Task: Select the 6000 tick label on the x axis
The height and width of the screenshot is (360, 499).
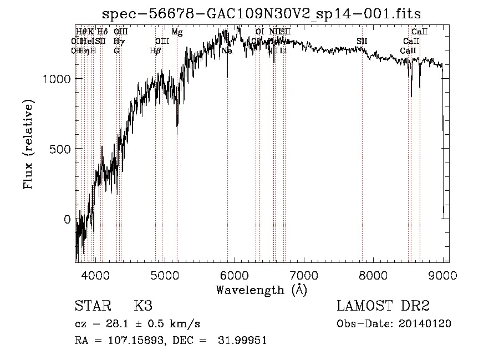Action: (x=235, y=276)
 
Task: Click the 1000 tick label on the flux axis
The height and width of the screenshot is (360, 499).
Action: (x=55, y=79)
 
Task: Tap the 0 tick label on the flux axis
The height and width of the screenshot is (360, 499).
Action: (x=67, y=219)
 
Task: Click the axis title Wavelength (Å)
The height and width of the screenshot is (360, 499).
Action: (x=261, y=290)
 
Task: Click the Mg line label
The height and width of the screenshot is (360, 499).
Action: (x=177, y=32)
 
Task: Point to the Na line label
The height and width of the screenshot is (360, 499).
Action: (x=227, y=51)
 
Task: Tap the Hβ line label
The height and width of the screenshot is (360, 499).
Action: (x=155, y=51)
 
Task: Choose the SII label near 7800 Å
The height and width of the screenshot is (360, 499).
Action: (x=362, y=42)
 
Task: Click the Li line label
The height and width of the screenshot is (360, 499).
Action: (x=283, y=51)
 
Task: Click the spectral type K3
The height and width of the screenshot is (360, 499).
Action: (x=143, y=307)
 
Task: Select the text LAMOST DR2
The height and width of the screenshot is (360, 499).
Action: (x=383, y=307)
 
